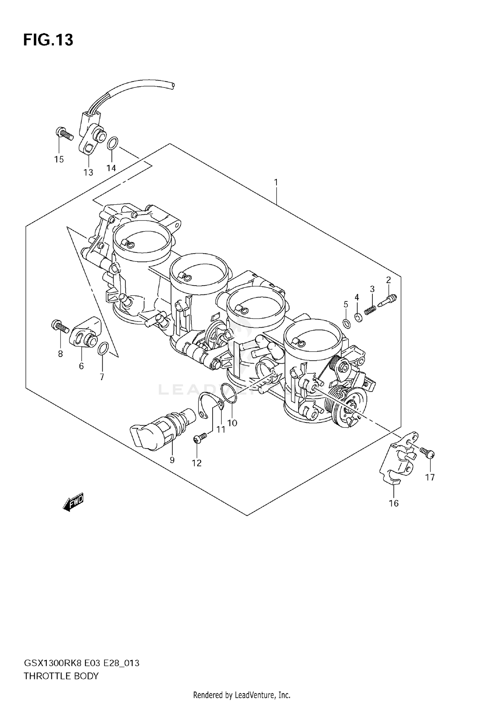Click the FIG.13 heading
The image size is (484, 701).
click(48, 40)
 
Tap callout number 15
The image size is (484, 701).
click(59, 159)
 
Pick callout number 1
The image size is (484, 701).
click(276, 182)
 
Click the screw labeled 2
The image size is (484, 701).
click(387, 301)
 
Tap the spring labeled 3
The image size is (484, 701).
click(371, 310)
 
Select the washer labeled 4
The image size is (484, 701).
click(358, 317)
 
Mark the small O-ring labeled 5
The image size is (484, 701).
click(346, 323)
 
